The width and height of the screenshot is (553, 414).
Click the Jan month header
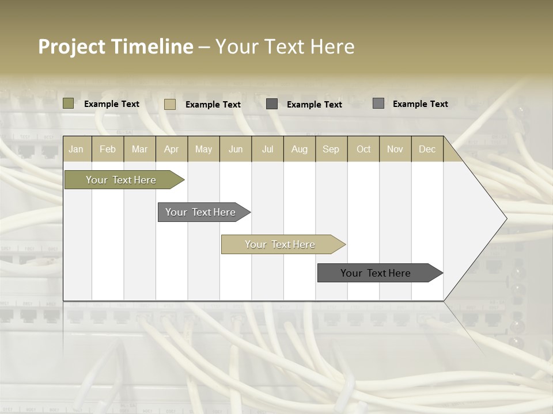[76, 149]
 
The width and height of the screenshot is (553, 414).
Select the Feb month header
[108, 149]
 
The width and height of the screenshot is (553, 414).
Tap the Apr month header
[172, 149]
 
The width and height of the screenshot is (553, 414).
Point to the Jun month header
[236, 149]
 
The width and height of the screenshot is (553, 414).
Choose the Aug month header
[300, 149]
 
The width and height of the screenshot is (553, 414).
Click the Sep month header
[331, 149]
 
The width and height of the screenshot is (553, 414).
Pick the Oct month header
[363, 149]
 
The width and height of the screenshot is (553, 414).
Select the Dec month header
[427, 149]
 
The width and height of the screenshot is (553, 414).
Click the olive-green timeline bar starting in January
[121, 180]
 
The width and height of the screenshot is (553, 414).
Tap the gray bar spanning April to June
[200, 212]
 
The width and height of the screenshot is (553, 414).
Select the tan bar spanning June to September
[280, 244]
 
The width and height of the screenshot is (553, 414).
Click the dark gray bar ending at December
[376, 273]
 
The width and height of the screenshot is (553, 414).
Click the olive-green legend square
[69, 103]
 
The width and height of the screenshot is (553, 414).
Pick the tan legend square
[170, 104]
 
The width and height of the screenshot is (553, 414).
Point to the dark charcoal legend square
[272, 104]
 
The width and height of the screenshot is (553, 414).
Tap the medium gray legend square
[378, 103]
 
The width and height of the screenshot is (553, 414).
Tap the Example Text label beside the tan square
[213, 104]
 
